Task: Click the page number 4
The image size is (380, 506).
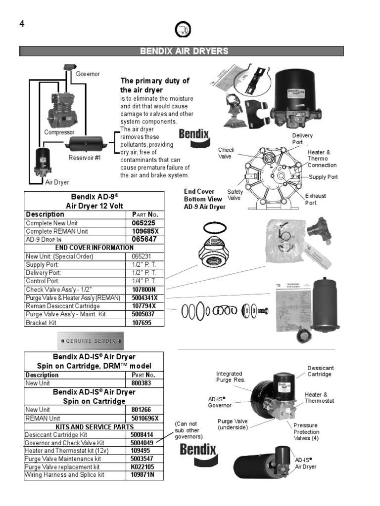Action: coord(22,24)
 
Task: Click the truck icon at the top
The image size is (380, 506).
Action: coord(183,30)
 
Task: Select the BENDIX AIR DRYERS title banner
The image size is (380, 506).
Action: coord(181,51)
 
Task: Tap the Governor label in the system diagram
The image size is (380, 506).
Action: coord(88,74)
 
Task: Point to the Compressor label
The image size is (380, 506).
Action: coord(59,132)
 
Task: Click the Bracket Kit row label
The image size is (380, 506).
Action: coord(42,323)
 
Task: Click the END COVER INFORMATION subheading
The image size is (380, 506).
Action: coord(94,248)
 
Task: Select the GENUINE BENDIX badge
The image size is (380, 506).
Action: coord(91,341)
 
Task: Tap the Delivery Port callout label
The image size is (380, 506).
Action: coord(302,139)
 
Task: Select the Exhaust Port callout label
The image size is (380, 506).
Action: coord(315,199)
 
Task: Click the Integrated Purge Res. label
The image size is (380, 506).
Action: coord(231,377)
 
